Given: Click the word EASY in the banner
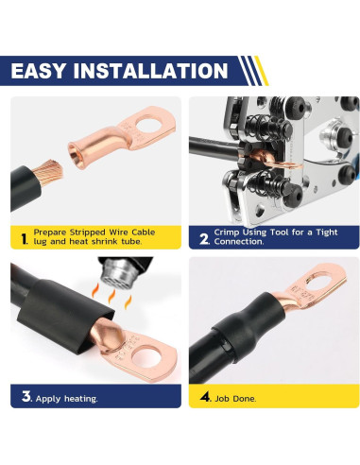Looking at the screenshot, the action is tap(39, 71).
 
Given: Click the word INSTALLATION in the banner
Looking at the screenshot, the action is tap(150, 71).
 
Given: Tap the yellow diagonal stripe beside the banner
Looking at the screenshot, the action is tap(262, 71).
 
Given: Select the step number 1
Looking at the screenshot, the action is tap(24, 239).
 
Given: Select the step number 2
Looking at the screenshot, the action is tap(204, 239).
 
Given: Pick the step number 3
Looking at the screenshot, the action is tap(26, 396).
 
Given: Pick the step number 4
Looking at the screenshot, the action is tap(205, 396).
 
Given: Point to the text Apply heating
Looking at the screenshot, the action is tap(66, 399).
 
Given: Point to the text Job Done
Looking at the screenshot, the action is tap(235, 399).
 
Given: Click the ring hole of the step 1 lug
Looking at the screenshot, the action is tap(148, 125).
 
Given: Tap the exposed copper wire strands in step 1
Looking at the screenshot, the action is tap(47, 173).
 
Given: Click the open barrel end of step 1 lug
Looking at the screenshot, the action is tap(75, 155).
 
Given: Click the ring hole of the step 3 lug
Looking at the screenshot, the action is tap(146, 357).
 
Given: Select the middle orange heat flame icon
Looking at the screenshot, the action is tap(111, 297).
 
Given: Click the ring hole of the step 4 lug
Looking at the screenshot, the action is tap(318, 281).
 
